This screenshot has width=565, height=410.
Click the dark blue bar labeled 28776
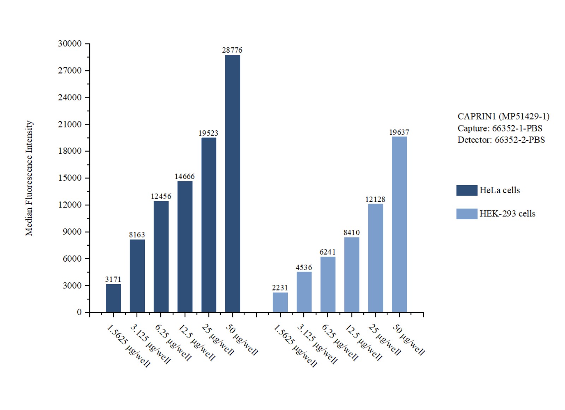point(232,183)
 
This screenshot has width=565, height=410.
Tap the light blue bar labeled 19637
point(399,224)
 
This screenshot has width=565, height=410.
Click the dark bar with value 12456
point(161,257)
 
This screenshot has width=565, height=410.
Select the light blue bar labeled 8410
point(352,275)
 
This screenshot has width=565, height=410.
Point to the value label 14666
point(184,176)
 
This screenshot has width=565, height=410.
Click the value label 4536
point(304,268)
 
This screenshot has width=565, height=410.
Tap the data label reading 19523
point(208,133)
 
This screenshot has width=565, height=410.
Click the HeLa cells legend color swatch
point(466,190)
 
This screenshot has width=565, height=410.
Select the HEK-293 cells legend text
point(507,213)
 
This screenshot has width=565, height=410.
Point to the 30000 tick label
point(70,43)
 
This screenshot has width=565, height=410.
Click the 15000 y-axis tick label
point(70,178)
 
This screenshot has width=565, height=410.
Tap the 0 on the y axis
point(79,312)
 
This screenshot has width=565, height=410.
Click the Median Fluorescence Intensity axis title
point(29,178)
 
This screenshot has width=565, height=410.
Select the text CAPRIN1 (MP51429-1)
point(503,116)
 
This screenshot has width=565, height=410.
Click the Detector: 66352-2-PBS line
point(501,140)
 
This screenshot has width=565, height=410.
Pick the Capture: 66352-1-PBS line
point(500,128)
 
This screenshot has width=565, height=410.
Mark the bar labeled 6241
point(328,284)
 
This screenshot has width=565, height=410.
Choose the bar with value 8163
point(137,276)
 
